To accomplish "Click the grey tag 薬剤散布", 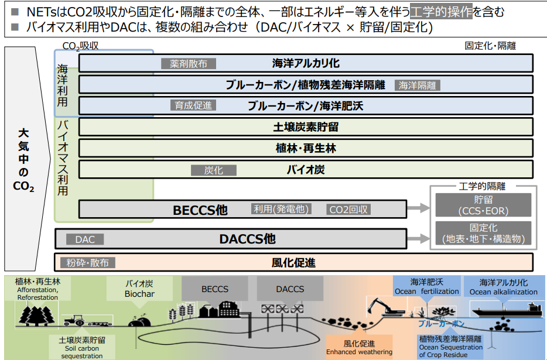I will pyautogui.click(x=189, y=64).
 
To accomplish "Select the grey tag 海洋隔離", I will pyautogui.click(x=417, y=85).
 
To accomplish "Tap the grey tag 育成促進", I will pyautogui.click(x=193, y=106).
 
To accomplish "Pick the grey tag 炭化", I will pyautogui.click(x=214, y=170).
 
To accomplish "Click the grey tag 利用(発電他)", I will pyautogui.click(x=281, y=209).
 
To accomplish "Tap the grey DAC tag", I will pyautogui.click(x=85, y=239).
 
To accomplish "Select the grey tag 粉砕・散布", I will pyautogui.click(x=87, y=263).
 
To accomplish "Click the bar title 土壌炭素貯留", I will pyautogui.click(x=306, y=127).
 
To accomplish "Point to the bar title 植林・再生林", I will pyautogui.click(x=306, y=148).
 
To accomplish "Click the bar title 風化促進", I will pyautogui.click(x=293, y=262).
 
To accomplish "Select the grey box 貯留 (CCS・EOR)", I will pyautogui.click(x=483, y=205).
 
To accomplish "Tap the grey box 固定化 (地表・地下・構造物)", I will pyautogui.click(x=483, y=233).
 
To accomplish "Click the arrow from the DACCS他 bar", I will pyautogui.click(x=419, y=239).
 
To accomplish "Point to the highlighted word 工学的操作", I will pyautogui.click(x=441, y=12).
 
